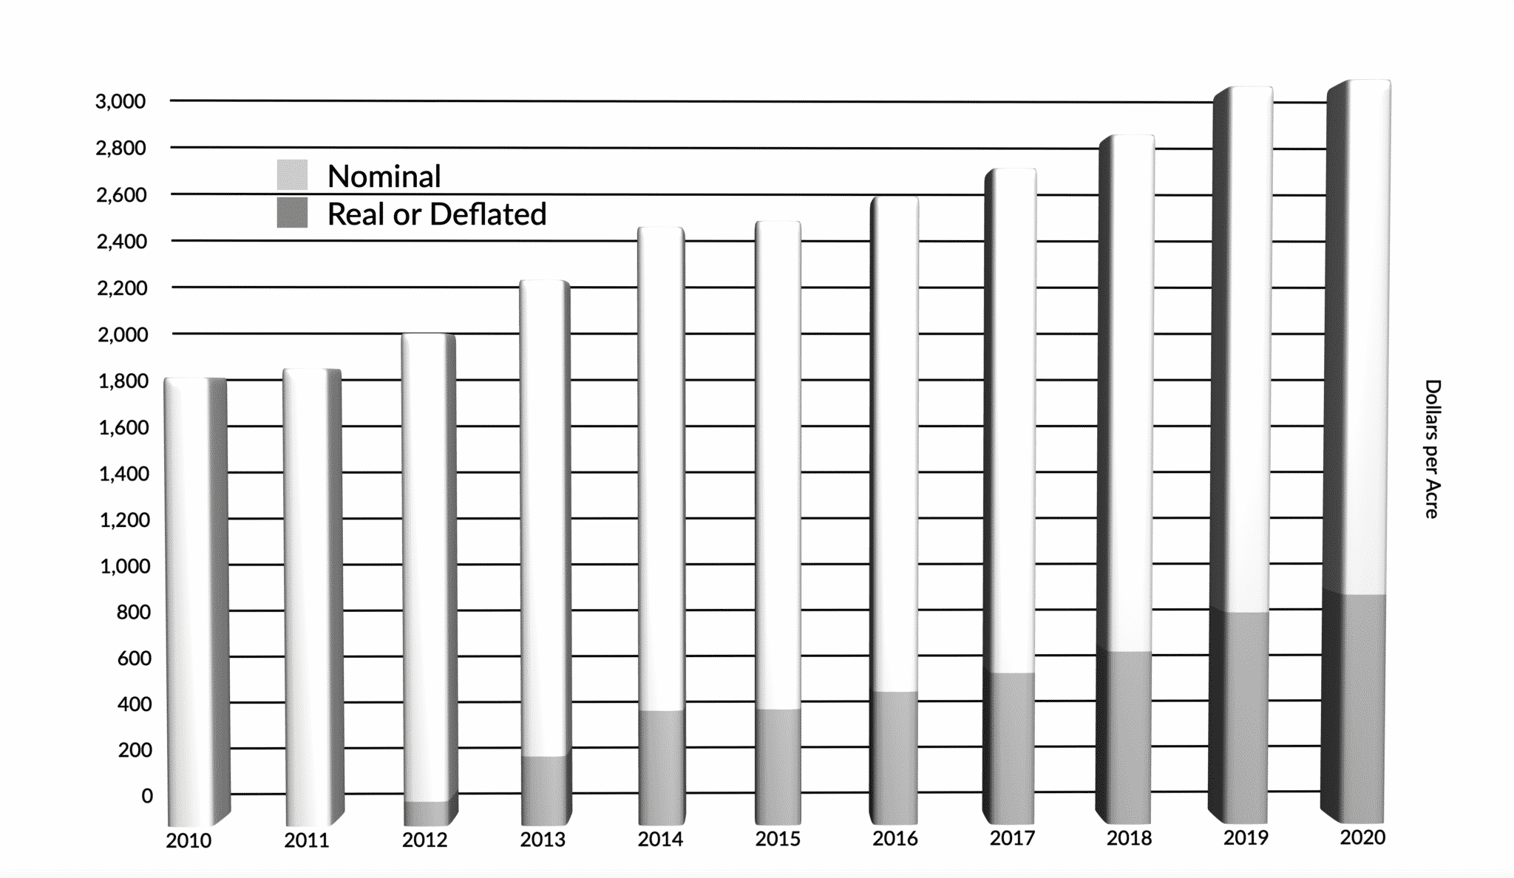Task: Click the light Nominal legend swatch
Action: click(x=292, y=175)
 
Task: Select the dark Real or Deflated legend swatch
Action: click(x=292, y=213)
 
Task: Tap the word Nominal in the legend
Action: click(x=384, y=177)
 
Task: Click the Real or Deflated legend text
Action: click(x=436, y=214)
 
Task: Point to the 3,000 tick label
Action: click(x=120, y=101)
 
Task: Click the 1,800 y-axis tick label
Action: click(x=123, y=381)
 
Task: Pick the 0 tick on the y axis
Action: click(x=147, y=796)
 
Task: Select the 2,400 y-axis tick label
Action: click(x=122, y=242)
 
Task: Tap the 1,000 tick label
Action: click(x=124, y=566)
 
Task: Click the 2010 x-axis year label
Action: click(x=189, y=841)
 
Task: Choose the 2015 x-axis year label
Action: click(x=778, y=839)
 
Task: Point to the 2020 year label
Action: click(x=1362, y=837)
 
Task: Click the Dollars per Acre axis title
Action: click(x=1432, y=449)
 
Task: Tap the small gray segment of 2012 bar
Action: click(x=427, y=812)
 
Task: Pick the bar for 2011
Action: click(x=310, y=591)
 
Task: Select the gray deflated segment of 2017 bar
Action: click(x=1011, y=746)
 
